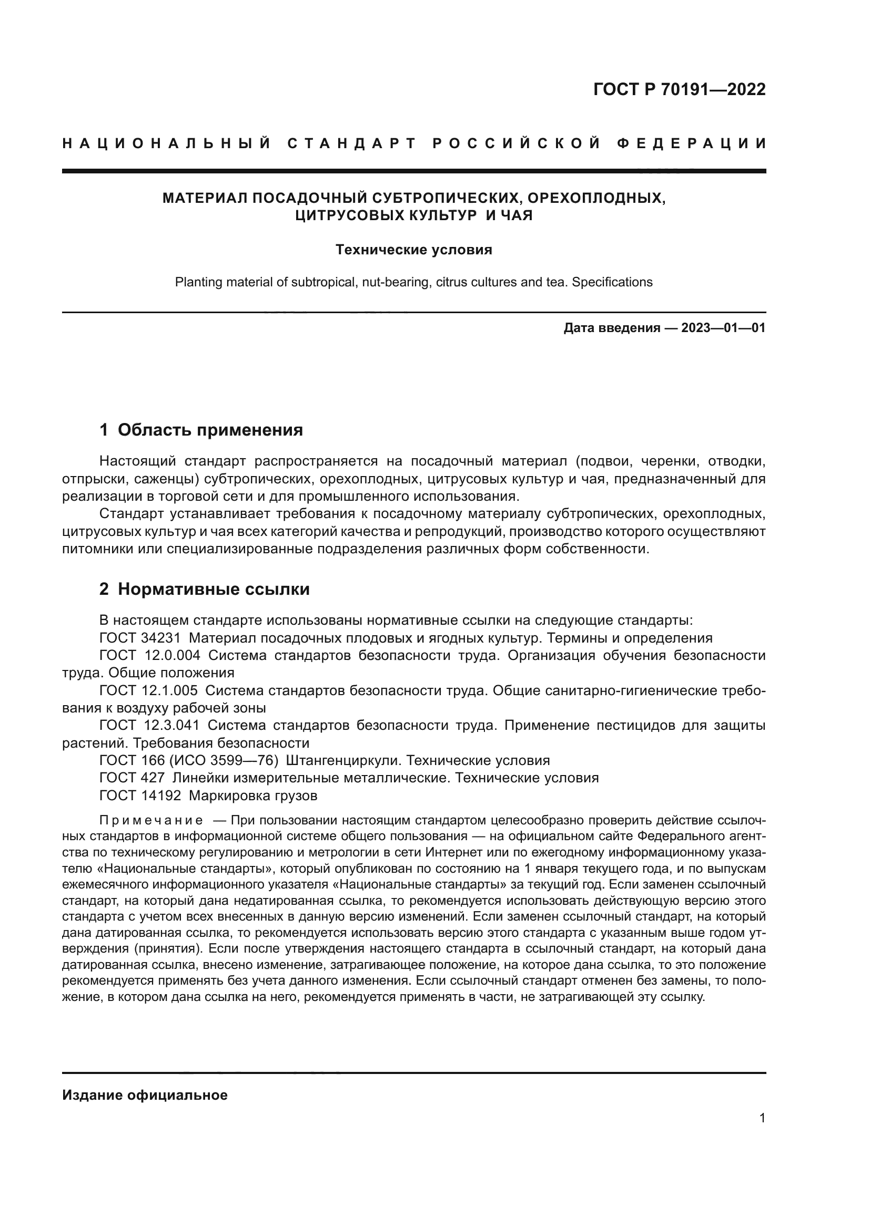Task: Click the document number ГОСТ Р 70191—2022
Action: click(x=679, y=89)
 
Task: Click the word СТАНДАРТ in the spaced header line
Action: click(x=352, y=143)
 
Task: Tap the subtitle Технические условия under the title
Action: click(x=413, y=250)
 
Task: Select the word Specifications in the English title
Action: click(x=612, y=282)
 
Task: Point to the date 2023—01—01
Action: click(x=723, y=327)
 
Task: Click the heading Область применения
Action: click(x=210, y=430)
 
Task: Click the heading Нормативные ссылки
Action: click(x=213, y=590)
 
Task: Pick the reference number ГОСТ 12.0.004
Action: click(x=150, y=656)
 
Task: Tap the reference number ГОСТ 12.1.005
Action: click(x=148, y=690)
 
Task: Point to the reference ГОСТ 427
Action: click(x=132, y=778)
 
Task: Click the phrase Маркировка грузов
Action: click(x=253, y=796)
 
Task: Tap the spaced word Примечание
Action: click(x=151, y=821)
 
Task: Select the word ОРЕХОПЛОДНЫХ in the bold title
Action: click(x=596, y=198)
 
